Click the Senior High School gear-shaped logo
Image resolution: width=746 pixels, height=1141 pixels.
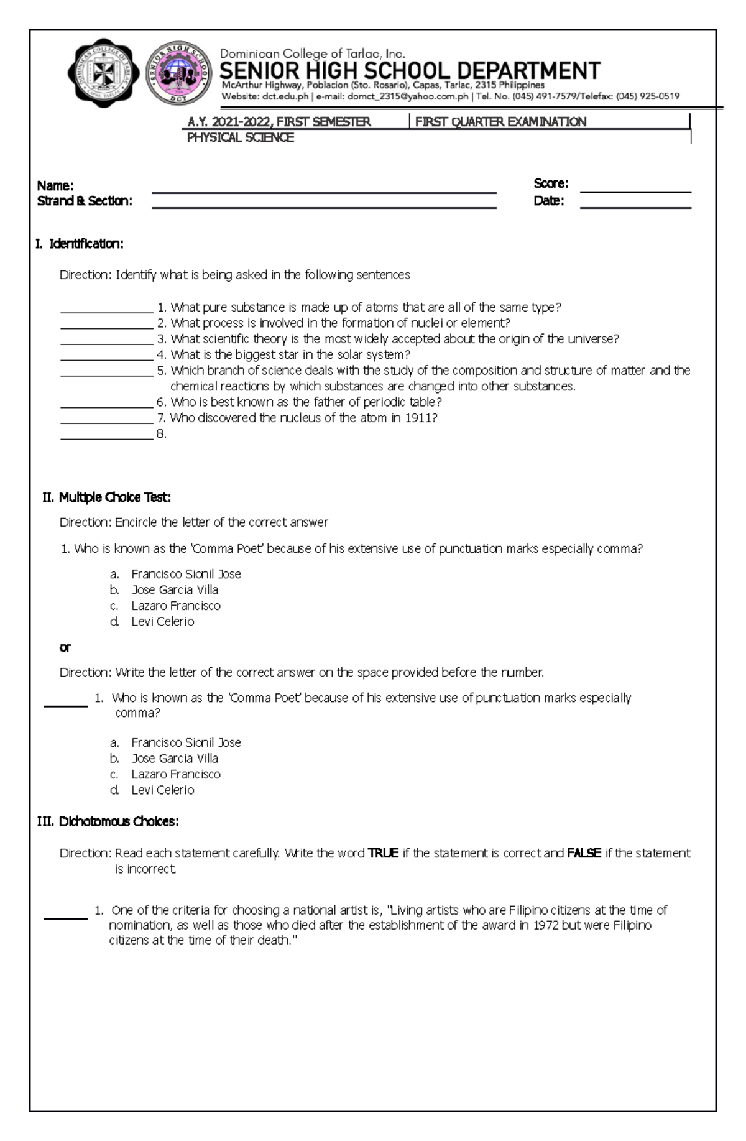pos(177,74)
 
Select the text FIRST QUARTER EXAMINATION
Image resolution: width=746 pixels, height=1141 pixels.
pos(500,122)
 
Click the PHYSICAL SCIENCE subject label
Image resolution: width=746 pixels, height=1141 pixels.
pos(240,138)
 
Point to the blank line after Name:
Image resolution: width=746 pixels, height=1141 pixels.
pos(324,192)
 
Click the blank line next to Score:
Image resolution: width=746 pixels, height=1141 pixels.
pos(635,192)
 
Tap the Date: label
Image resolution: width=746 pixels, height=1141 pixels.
pos(548,201)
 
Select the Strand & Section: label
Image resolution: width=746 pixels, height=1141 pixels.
pos(85,201)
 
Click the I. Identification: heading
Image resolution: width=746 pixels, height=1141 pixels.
pos(79,244)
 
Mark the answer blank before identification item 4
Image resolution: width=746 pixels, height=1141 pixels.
pos(106,359)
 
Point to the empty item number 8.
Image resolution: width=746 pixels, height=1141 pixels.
pos(161,434)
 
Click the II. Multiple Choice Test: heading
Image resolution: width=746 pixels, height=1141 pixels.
pos(106,497)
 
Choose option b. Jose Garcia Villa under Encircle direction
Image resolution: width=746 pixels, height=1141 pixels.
pos(174,589)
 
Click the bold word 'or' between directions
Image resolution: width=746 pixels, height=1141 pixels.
pos(65,647)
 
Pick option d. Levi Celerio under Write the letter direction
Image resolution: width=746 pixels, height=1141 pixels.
pos(162,790)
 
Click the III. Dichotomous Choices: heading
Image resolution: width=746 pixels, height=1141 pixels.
pos(108,821)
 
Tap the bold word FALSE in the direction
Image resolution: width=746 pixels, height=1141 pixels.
pos(584,853)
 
